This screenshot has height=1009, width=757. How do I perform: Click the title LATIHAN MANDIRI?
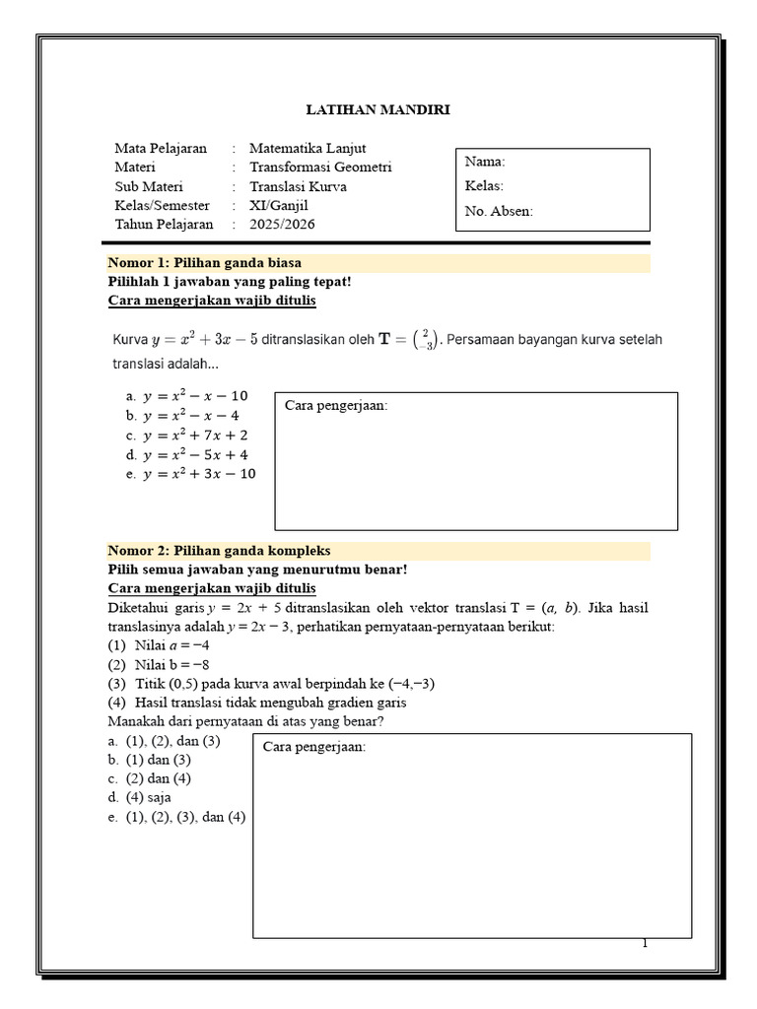[378, 109]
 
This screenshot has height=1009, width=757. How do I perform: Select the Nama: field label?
[485, 163]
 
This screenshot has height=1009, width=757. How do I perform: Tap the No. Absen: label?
[499, 211]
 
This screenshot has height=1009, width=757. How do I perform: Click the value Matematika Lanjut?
[307, 149]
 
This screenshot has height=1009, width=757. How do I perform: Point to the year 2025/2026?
[283, 224]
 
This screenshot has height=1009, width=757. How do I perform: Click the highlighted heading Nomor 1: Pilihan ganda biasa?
[204, 263]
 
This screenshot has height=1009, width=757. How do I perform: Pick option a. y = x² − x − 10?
[187, 396]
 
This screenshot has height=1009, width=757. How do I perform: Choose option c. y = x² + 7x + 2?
[187, 435]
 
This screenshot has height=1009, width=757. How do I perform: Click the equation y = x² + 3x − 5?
[204, 341]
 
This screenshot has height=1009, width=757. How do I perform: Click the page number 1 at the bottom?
[646, 943]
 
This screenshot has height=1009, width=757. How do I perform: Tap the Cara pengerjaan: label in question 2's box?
[314, 748]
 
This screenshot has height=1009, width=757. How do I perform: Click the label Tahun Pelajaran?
[164, 224]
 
